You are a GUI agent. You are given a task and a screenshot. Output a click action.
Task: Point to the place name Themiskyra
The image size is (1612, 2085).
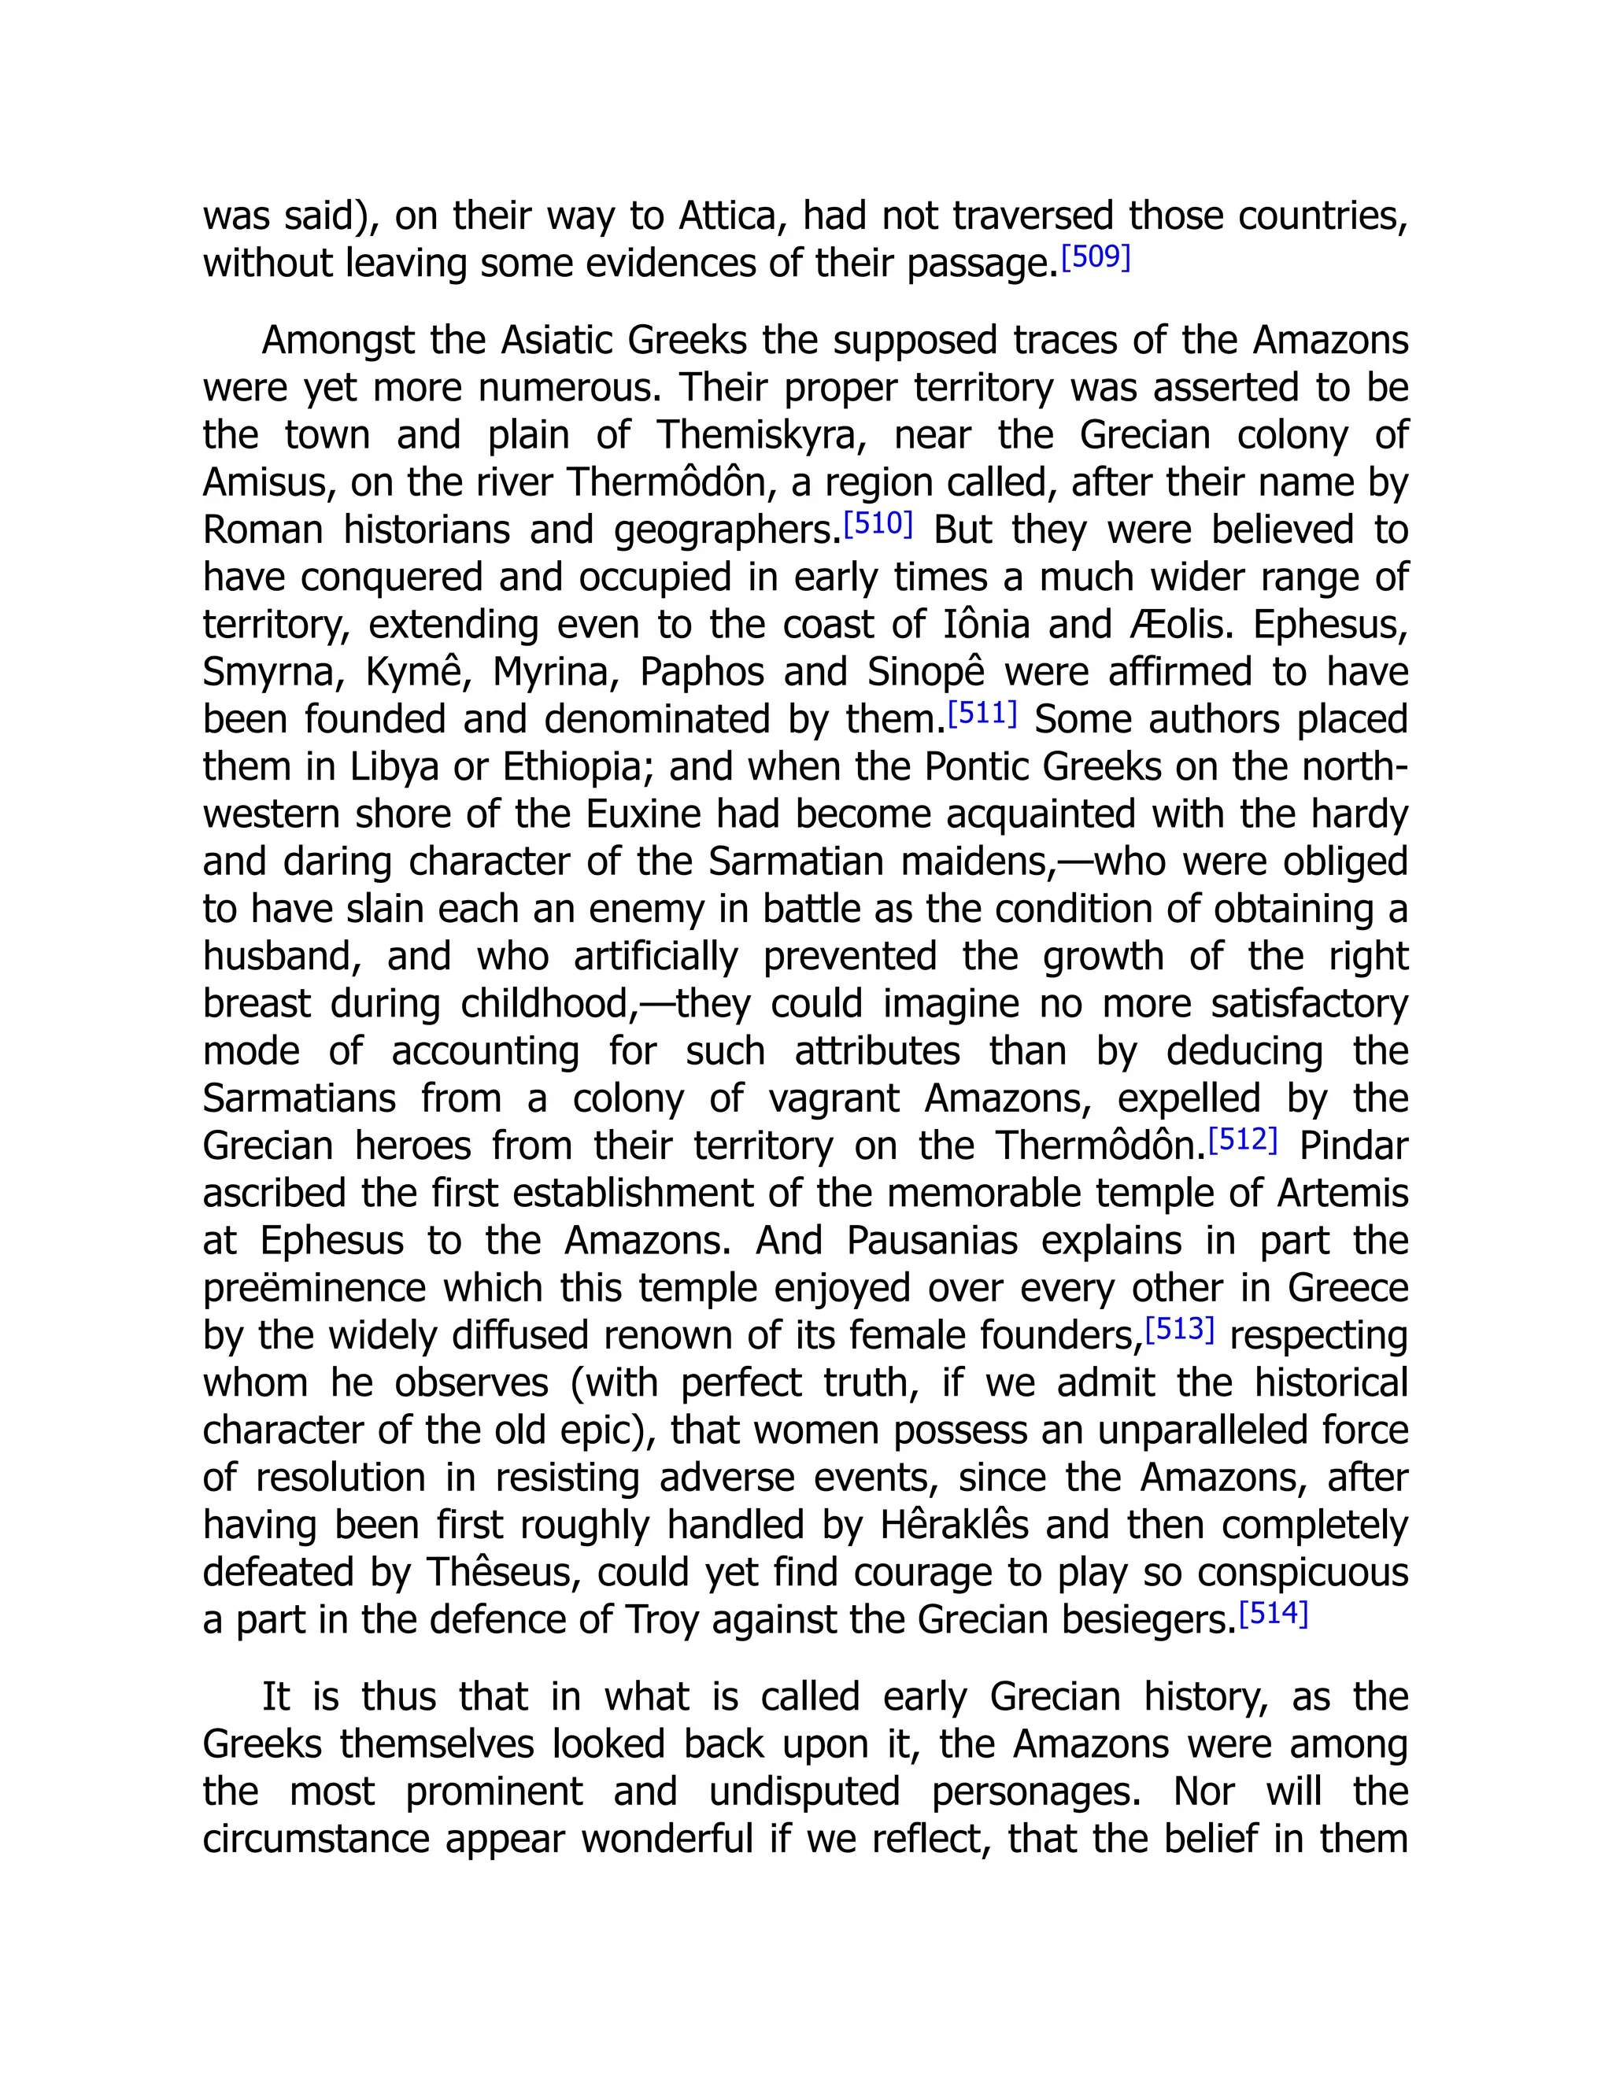(761, 435)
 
